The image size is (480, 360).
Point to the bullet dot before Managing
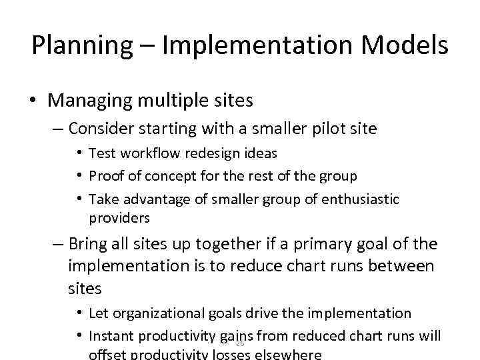tap(33, 101)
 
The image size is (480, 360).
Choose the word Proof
tap(105, 176)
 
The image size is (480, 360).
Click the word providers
tap(119, 218)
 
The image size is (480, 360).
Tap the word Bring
tap(91, 245)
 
